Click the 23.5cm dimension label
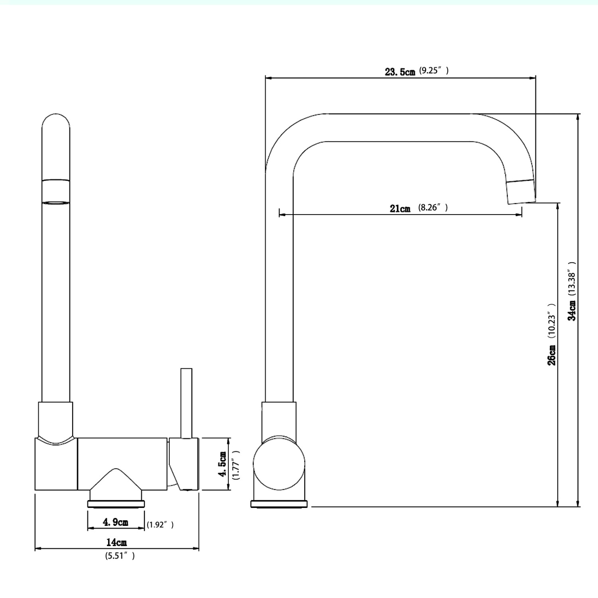coord(399,72)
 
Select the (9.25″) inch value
coord(434,71)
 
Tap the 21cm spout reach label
coord(400,209)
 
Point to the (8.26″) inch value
coord(433,207)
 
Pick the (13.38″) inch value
coord(572,278)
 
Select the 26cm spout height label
coord(551,355)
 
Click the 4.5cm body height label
coord(222,464)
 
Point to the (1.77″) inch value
coord(236,465)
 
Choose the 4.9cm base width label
coord(116,522)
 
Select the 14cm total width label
coord(116,543)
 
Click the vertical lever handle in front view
coord(186,403)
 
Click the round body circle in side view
coord(279,463)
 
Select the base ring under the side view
coord(279,504)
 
